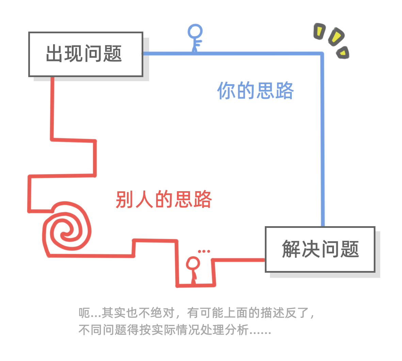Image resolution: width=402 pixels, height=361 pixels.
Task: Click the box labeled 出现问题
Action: click(85, 54)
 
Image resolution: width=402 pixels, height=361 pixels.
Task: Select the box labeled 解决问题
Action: click(320, 249)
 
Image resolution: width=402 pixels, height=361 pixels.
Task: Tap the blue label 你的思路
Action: click(255, 91)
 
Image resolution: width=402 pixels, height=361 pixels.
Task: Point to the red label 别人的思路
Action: click(164, 199)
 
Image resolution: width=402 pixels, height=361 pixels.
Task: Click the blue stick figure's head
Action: click(195, 32)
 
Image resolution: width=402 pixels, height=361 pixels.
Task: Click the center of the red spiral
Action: click(64, 235)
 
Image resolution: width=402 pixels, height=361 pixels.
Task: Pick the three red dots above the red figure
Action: click(204, 251)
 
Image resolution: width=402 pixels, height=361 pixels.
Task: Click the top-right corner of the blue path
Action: click(322, 54)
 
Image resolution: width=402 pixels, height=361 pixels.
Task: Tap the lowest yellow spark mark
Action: click(342, 53)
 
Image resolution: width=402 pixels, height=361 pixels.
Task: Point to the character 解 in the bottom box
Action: click(291, 249)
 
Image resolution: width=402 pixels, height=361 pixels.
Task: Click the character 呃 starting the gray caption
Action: click(84, 312)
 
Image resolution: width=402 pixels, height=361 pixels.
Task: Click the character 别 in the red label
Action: click(125, 199)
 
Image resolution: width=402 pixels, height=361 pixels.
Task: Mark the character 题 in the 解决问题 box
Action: click(350, 249)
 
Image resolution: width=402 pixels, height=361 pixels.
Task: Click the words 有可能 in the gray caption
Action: click(205, 312)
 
